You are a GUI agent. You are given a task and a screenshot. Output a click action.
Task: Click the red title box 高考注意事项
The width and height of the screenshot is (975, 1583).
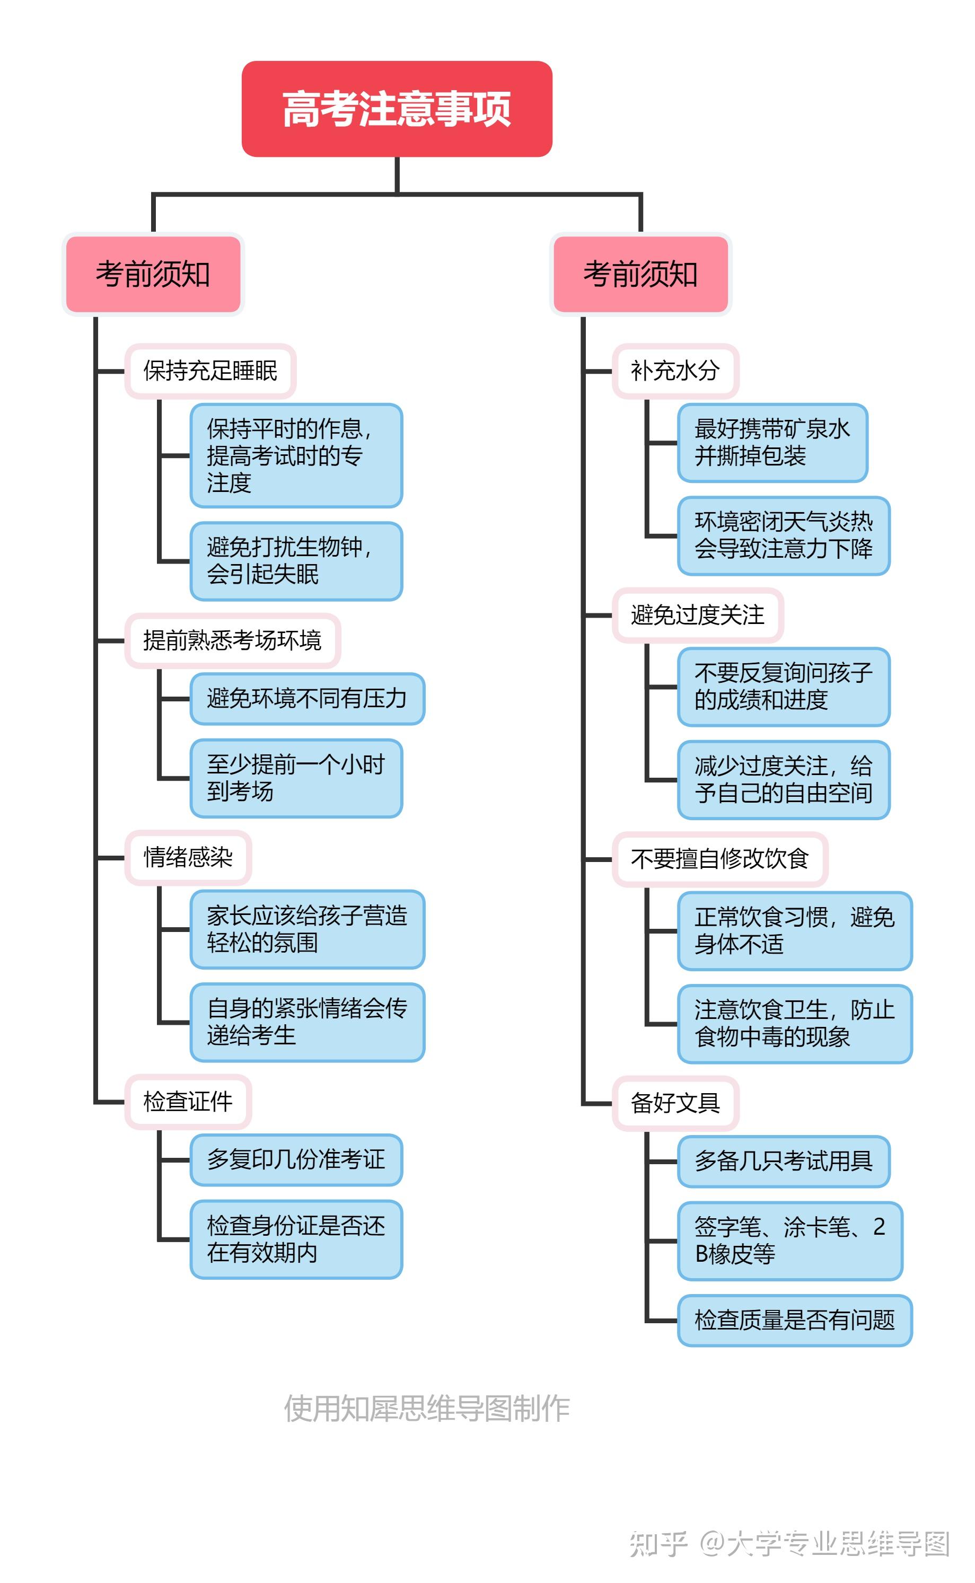397,109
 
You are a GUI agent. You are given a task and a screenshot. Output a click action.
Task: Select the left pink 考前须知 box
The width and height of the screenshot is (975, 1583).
153,274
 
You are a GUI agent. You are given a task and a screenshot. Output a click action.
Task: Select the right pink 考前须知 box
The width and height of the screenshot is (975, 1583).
640,274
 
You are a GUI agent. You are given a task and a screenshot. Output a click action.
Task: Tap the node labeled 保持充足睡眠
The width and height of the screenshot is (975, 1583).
210,371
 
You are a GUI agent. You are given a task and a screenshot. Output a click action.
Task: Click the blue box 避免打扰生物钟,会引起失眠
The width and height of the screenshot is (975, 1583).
296,560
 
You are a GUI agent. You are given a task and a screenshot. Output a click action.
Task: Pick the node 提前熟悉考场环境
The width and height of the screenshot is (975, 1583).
232,640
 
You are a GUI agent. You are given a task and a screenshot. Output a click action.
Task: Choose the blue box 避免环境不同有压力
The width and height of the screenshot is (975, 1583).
307,698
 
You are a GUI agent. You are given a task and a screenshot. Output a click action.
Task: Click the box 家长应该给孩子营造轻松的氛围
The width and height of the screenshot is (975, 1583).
307,929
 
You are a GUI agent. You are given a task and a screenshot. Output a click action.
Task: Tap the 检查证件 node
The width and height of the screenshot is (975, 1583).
188,1101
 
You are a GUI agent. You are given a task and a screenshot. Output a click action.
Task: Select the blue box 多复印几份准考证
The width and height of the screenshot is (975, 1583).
296,1159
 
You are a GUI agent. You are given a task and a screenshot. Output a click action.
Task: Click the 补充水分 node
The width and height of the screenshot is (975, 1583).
675,371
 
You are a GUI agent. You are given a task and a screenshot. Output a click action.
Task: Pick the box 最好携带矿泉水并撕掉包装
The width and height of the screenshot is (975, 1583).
772,442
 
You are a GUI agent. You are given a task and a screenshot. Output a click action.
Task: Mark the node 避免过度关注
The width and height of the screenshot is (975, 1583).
698,614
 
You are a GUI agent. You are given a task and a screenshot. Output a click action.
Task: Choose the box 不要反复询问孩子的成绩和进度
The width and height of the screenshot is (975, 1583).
784,686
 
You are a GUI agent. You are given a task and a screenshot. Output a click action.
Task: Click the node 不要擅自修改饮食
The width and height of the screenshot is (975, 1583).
719,859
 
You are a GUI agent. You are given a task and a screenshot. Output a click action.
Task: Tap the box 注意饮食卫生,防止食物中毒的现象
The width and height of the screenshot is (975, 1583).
794,1023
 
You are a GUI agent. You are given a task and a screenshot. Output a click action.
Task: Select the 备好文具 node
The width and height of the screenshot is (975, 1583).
675,1103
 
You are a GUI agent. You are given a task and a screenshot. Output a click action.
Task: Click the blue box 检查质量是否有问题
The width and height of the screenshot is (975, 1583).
794,1320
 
